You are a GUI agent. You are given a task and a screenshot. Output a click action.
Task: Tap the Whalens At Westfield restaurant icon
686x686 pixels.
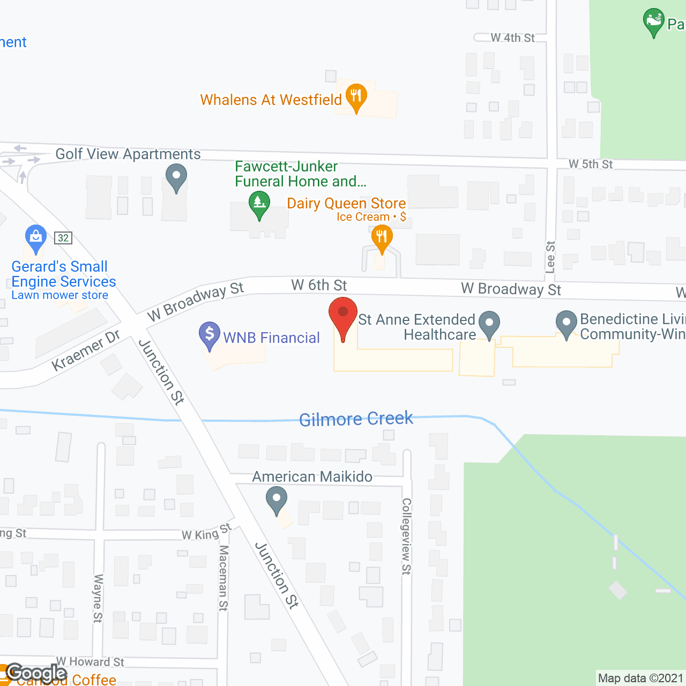tap(356, 97)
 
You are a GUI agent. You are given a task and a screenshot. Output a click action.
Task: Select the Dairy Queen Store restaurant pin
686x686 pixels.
tap(382, 237)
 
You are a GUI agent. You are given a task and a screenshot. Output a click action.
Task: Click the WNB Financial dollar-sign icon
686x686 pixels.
tap(210, 334)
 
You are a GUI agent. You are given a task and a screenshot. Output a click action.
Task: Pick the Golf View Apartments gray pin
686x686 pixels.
tap(176, 176)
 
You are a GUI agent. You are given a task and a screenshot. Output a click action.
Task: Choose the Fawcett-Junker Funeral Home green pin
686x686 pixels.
tap(259, 204)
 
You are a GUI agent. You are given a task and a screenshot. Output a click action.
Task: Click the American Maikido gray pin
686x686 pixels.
tap(277, 499)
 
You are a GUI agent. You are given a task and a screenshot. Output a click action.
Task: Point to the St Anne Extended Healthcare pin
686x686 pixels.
tap(489, 324)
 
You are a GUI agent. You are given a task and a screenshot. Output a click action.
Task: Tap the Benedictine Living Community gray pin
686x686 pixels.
tap(566, 323)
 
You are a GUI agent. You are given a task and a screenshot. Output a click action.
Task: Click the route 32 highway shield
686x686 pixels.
tap(63, 238)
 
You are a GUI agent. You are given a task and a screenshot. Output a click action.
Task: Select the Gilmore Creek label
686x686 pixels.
tap(356, 419)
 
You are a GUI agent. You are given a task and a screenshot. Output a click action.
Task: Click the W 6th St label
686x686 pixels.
tap(319, 285)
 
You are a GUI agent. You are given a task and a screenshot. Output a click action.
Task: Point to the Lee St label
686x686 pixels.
tap(550, 257)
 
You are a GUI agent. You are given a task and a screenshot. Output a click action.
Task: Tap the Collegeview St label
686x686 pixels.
tap(406, 536)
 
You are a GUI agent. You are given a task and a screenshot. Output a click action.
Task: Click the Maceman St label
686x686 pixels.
tap(223, 578)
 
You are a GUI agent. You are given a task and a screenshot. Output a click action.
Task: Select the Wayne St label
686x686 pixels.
tap(98, 598)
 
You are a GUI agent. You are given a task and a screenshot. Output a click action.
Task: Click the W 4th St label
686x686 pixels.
tap(512, 38)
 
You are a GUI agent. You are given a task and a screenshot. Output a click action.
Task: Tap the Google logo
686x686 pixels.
tap(36, 673)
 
